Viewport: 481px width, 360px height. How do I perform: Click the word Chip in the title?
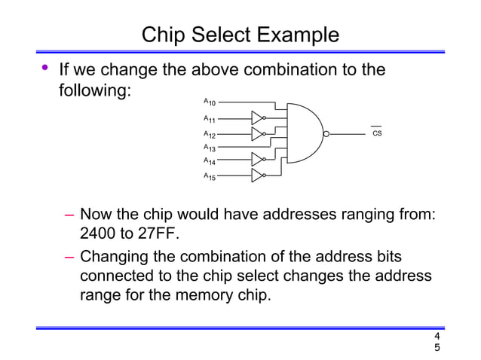(x=164, y=35)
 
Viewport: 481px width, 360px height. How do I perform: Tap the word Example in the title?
(x=298, y=35)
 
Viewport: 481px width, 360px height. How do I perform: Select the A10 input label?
(x=210, y=101)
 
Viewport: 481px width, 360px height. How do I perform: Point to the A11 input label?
(x=210, y=119)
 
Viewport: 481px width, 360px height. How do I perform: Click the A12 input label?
(x=210, y=134)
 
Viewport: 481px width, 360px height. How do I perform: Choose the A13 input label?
(x=210, y=148)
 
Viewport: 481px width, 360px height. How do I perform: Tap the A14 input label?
(x=210, y=161)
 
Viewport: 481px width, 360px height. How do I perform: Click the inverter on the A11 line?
(x=257, y=118)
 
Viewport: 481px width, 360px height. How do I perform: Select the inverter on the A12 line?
(x=257, y=133)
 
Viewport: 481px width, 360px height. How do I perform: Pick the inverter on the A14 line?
(x=257, y=160)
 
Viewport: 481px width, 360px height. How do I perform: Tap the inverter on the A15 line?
(x=257, y=175)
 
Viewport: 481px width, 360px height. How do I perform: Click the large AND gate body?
(x=302, y=133)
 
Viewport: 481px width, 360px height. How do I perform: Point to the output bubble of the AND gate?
(x=326, y=134)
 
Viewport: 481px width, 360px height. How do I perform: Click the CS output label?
(x=377, y=134)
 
